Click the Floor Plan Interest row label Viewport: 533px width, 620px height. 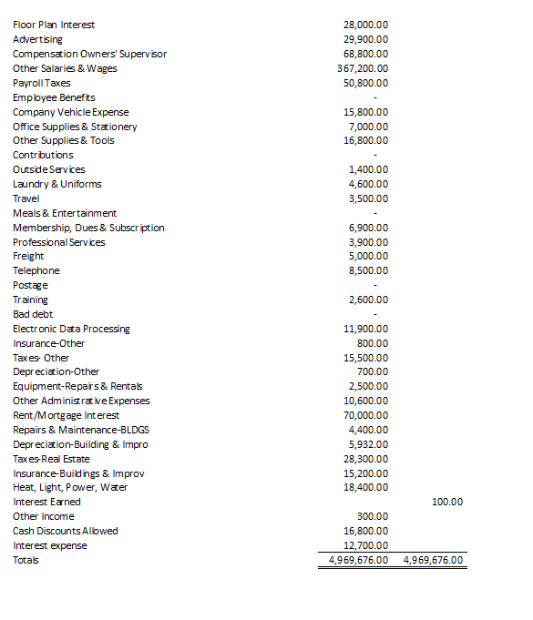pyautogui.click(x=54, y=25)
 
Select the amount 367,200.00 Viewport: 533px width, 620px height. pyautogui.click(x=363, y=68)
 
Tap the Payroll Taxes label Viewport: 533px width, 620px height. pyautogui.click(x=41, y=83)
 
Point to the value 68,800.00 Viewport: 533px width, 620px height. pyautogui.click(x=365, y=54)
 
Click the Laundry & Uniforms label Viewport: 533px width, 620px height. pyautogui.click(x=57, y=184)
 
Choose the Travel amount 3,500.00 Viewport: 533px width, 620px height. pyautogui.click(x=369, y=198)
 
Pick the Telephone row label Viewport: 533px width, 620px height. pyautogui.click(x=36, y=270)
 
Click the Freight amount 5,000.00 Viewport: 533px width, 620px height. pyautogui.click(x=369, y=256)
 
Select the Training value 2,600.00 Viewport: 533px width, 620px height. pyautogui.click(x=369, y=300)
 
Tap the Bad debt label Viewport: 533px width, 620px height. pyautogui.click(x=33, y=314)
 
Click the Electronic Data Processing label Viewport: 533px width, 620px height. pyautogui.click(x=71, y=329)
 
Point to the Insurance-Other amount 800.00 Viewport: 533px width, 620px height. pyautogui.click(x=374, y=343)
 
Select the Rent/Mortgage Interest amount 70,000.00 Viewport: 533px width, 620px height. pyautogui.click(x=365, y=415)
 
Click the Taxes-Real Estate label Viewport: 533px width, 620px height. pyautogui.click(x=51, y=459)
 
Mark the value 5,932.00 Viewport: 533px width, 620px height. pyautogui.click(x=369, y=444)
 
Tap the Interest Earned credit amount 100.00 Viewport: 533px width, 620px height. pyautogui.click(x=447, y=502)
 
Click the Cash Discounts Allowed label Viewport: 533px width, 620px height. pyautogui.click(x=66, y=531)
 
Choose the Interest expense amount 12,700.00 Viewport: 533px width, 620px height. pyautogui.click(x=365, y=545)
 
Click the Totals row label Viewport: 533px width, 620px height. pyautogui.click(x=26, y=560)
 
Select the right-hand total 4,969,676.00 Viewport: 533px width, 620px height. pyautogui.click(x=433, y=560)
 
